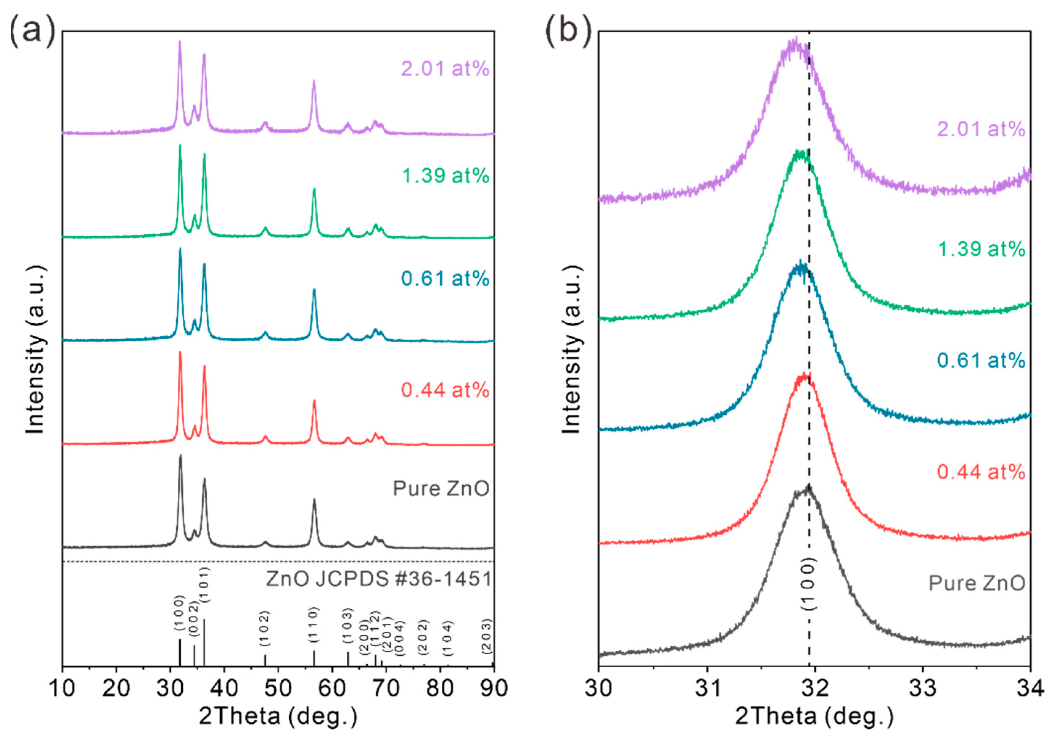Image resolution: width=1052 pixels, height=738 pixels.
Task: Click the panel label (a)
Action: (32, 33)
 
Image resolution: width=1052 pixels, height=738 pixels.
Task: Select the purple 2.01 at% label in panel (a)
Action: (445, 69)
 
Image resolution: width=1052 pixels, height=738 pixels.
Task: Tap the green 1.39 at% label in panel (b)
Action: (981, 249)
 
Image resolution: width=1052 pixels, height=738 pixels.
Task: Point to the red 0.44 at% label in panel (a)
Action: (445, 390)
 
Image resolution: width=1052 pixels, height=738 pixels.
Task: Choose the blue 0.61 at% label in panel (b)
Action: (981, 361)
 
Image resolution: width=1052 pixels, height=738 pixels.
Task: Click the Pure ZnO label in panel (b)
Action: (977, 584)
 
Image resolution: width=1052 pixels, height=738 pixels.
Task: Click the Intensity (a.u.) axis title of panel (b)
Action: (572, 350)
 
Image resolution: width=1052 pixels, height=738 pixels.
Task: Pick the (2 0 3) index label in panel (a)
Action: (487, 636)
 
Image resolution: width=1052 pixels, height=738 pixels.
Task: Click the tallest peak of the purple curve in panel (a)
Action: (180, 42)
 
